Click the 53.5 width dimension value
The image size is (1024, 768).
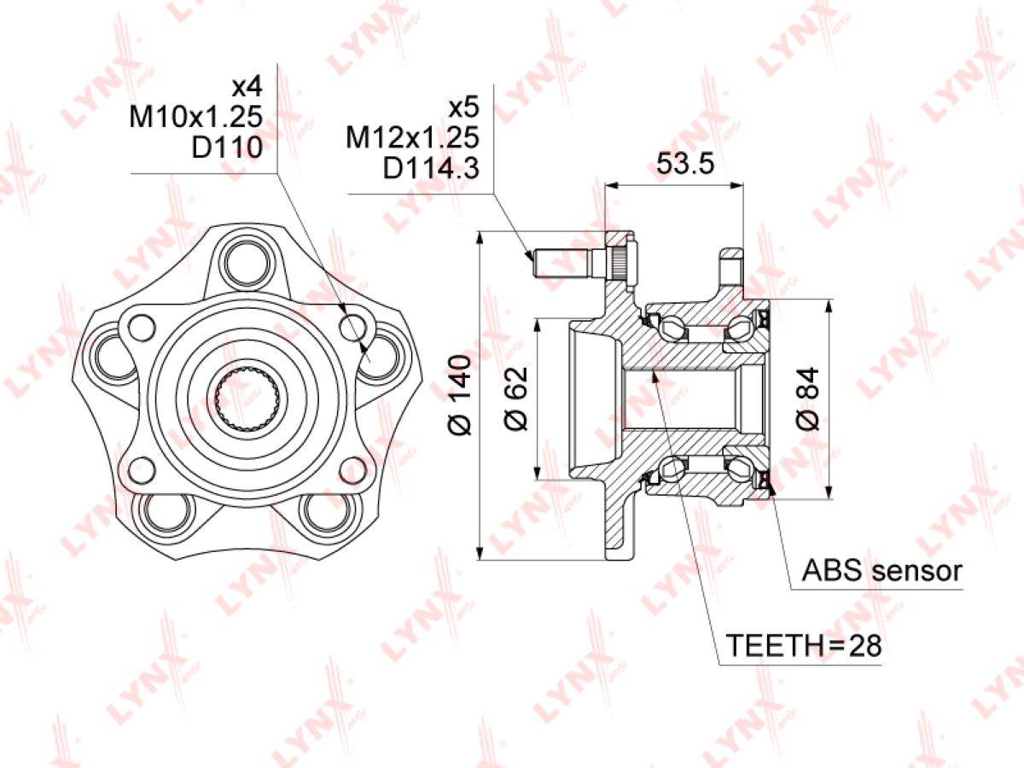coord(685,163)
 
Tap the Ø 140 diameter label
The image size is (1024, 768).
coord(459,394)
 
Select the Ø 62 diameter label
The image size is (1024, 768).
coord(516,399)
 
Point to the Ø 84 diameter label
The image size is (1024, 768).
coord(808,399)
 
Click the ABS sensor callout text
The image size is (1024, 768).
coord(881,570)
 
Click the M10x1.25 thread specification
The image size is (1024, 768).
coord(196,117)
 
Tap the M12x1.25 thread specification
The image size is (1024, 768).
coord(412,137)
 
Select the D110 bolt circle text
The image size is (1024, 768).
coord(227,148)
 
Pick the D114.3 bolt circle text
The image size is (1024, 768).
coord(431,168)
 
